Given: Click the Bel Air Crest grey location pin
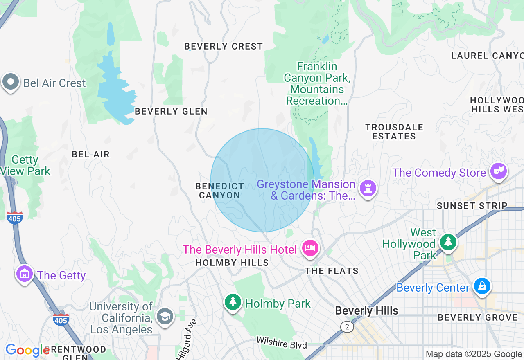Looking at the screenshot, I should (11, 82).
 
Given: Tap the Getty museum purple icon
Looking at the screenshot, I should (25, 274).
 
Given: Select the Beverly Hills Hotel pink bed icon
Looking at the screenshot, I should (310, 248).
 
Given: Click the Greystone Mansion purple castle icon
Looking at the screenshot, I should (368, 188).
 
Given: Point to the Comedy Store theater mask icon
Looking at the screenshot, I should (498, 171).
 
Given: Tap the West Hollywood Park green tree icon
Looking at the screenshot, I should (448, 241).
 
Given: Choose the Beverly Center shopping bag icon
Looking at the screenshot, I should (482, 286).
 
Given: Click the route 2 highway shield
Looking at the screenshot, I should (347, 326).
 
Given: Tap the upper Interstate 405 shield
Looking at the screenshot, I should (14, 218).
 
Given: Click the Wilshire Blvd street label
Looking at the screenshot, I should (282, 342).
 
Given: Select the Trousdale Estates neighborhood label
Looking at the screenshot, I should (394, 132).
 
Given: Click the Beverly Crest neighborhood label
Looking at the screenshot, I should (224, 46).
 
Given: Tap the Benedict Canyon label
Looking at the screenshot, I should (219, 191).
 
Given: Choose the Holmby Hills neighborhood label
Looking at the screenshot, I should (232, 263).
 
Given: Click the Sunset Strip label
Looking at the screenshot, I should (472, 205).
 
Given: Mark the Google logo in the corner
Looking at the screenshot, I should (27, 350).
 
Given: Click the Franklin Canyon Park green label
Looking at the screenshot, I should (317, 83).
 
